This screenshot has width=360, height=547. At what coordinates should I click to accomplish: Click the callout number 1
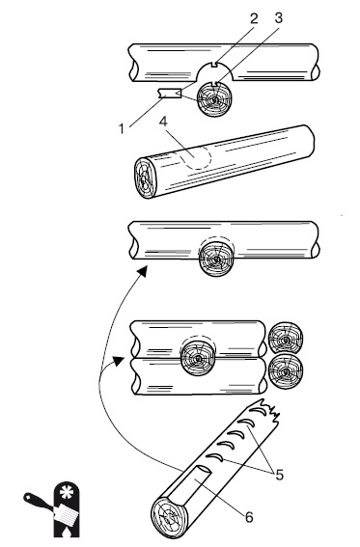121,128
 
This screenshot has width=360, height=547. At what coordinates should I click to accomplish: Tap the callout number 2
254,18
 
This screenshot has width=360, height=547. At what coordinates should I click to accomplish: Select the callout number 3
278,18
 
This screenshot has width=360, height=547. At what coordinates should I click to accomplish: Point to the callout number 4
163,122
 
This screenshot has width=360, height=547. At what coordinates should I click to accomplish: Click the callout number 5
280,475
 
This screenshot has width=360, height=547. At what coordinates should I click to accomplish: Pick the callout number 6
249,517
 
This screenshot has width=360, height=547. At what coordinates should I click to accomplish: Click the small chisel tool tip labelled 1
169,94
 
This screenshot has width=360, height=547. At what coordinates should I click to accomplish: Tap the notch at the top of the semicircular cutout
214,65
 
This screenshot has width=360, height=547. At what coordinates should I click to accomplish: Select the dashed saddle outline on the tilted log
196,158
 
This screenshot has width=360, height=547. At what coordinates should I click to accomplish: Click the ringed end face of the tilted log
146,178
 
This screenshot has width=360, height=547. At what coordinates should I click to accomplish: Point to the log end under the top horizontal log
214,99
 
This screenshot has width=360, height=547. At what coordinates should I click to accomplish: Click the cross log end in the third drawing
216,259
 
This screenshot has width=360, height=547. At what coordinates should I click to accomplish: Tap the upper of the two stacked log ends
286,338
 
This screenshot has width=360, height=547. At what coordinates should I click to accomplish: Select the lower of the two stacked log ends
286,371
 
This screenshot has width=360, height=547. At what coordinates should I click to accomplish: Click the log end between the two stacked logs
198,358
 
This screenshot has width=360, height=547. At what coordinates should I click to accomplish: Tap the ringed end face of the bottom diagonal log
168,517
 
